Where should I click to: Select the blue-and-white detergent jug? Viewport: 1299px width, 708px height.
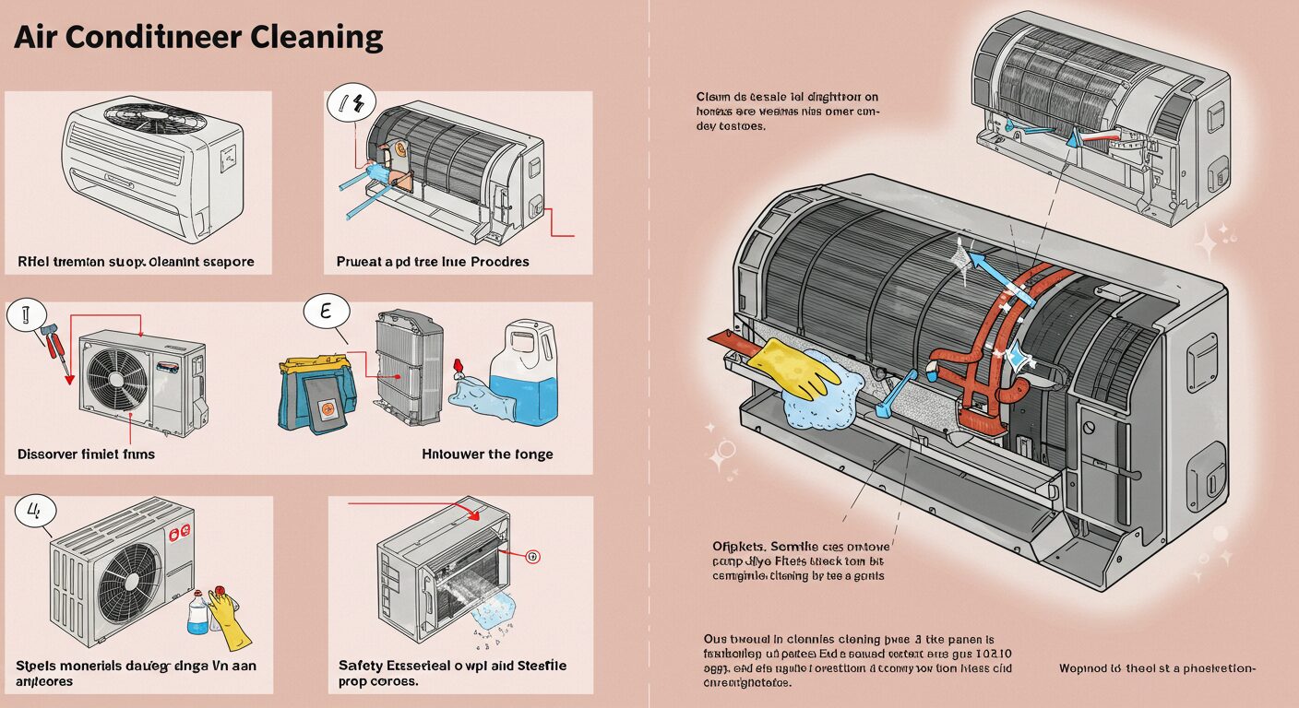[523, 373]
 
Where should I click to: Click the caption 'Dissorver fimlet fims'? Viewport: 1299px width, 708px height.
[86, 454]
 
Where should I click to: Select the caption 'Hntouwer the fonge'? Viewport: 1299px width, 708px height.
[487, 454]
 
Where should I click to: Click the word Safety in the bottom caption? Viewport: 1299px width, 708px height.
[361, 666]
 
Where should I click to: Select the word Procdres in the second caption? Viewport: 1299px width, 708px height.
[500, 261]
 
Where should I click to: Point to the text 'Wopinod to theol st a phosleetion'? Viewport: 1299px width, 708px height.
[1157, 668]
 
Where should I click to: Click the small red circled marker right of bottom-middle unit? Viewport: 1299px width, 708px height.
[530, 557]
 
